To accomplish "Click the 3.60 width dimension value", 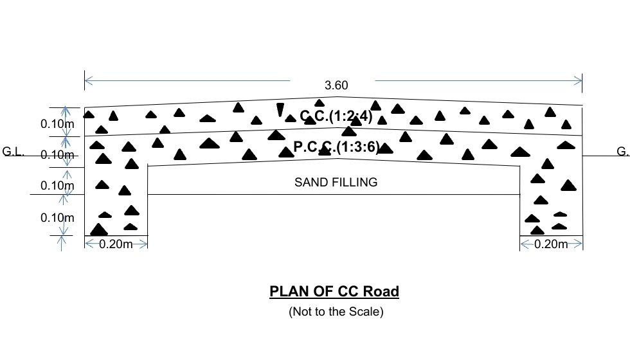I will pyautogui.click(x=336, y=85).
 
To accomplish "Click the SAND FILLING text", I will pyautogui.click(x=336, y=183).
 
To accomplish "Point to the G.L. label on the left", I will pyautogui.click(x=14, y=152).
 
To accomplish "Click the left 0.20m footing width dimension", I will pyautogui.click(x=116, y=244).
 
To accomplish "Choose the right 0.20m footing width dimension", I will pyautogui.click(x=551, y=244).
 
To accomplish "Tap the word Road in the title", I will pyautogui.click(x=381, y=292).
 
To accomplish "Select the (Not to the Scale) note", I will pyautogui.click(x=336, y=312).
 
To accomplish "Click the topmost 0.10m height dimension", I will pyautogui.click(x=57, y=123).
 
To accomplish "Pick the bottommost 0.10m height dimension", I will pyautogui.click(x=57, y=218).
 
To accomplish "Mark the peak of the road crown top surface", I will pyautogui.click(x=332, y=97).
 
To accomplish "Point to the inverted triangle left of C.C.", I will pyautogui.click(x=280, y=110).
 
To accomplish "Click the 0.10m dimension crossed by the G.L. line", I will pyautogui.click(x=57, y=155).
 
